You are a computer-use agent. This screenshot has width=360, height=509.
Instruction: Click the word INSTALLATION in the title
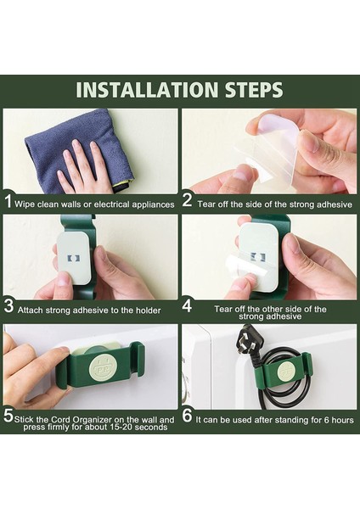pyautogui.click(x=147, y=90)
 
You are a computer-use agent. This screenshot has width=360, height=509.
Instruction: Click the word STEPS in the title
pyautogui.click(x=254, y=90)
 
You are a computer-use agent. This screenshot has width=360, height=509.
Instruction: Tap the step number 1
pyautogui.click(x=8, y=201)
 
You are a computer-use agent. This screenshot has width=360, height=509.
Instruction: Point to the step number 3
pyautogui.click(x=8, y=306)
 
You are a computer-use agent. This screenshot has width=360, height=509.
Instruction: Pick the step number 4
pyautogui.click(x=187, y=306)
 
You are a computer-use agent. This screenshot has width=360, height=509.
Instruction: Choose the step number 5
pyautogui.click(x=8, y=416)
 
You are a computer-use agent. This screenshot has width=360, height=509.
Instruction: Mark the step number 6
pyautogui.click(x=187, y=416)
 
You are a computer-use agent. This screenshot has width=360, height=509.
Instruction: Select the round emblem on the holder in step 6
pyautogui.click(x=286, y=371)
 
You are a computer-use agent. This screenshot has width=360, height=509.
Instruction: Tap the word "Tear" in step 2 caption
pyautogui.click(x=206, y=204)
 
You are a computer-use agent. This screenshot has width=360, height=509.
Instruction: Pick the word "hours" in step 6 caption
pyautogui.click(x=343, y=420)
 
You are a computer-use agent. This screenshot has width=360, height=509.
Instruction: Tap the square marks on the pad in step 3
pyautogui.click(x=73, y=259)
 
